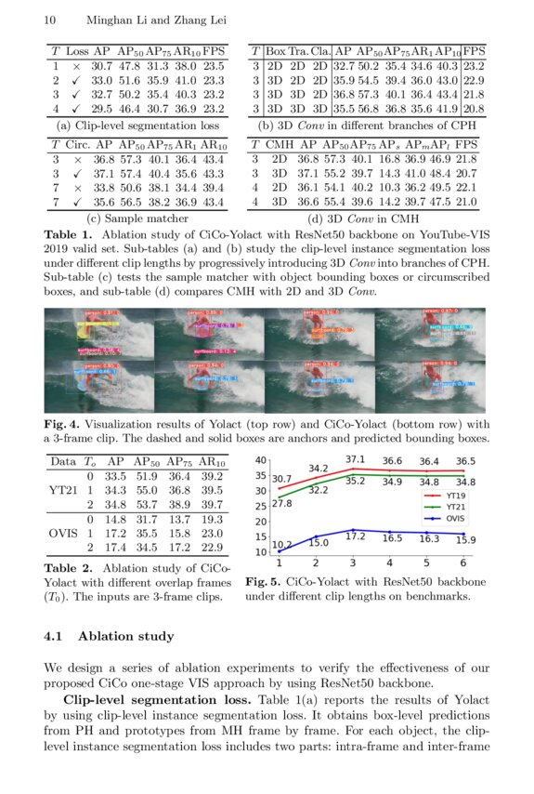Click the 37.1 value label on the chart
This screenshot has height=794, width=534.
click(355, 459)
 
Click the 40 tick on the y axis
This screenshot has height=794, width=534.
click(261, 461)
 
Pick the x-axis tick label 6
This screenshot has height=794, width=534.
click(462, 562)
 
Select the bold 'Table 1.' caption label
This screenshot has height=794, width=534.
click(70, 235)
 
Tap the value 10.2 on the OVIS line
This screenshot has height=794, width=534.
click(282, 543)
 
